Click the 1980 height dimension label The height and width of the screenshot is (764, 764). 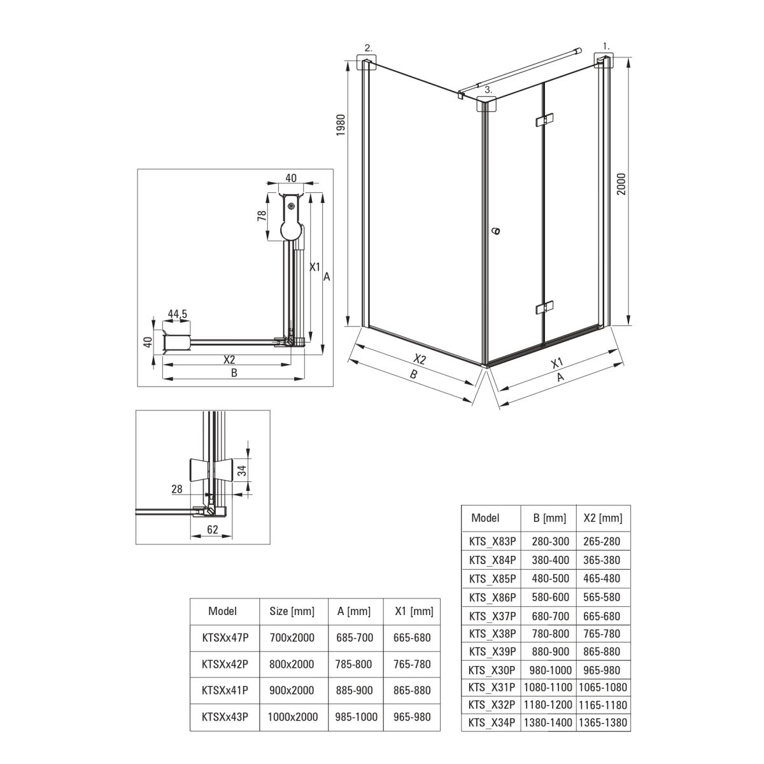coord(341,125)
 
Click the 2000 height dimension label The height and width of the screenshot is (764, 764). coord(621,184)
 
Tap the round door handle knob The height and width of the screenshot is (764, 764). coord(495,231)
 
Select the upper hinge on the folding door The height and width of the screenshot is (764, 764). coord(544,120)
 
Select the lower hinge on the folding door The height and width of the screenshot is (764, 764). coord(544,308)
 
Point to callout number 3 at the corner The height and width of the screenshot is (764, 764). coord(488,90)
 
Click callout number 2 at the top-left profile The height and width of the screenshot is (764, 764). coord(369,48)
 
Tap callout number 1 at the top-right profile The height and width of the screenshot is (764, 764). coord(606,46)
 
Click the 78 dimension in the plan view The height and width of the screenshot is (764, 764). coord(262,216)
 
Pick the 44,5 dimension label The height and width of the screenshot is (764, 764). coord(177,314)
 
